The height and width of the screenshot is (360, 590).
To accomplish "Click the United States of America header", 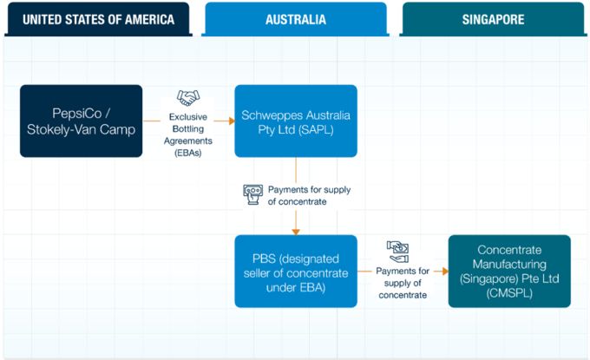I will click(99, 19).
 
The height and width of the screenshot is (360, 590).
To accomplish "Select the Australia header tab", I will click(296, 19).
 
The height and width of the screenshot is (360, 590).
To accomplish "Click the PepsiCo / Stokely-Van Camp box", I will click(82, 121).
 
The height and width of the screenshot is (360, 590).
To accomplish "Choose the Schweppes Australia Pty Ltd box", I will click(296, 121).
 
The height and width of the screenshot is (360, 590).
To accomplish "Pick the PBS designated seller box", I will click(296, 271).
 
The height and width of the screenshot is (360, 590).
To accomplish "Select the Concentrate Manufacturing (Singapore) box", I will click(509, 271).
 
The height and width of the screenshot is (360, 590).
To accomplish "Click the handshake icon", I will click(188, 97).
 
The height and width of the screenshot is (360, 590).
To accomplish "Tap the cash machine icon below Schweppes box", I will click(252, 194).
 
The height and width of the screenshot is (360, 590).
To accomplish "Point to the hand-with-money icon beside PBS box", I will click(398, 251).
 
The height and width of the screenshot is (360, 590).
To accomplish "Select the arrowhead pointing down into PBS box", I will click(296, 231).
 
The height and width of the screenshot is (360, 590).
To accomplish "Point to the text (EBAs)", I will click(188, 152).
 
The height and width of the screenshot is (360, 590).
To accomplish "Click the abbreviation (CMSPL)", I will click(509, 292).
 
